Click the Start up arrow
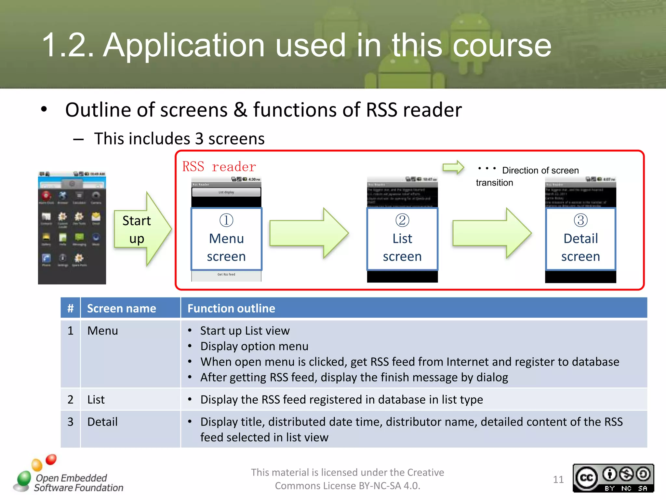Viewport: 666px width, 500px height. [141, 229]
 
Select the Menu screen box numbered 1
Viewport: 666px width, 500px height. [226, 239]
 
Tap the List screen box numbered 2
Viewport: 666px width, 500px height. [402, 239]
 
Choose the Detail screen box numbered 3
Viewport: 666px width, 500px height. [580, 239]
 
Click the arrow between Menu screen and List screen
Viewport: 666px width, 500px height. [309, 233]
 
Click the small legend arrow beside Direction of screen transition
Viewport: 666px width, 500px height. [453, 168]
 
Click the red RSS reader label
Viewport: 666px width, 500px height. [219, 167]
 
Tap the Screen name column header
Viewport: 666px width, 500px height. [122, 308]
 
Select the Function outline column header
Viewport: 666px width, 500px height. [231, 308]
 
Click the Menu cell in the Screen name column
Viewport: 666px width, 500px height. [103, 331]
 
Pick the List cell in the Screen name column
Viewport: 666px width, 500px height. [96, 399]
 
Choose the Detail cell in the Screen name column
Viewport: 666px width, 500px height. [102, 422]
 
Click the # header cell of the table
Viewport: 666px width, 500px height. [70, 308]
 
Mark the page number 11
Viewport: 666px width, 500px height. [558, 479]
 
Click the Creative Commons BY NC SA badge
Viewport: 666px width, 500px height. [613, 478]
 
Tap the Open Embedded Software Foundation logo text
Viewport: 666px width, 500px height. [78, 483]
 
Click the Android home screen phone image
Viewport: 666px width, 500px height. [72, 228]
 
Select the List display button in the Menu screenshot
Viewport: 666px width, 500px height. [226, 192]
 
